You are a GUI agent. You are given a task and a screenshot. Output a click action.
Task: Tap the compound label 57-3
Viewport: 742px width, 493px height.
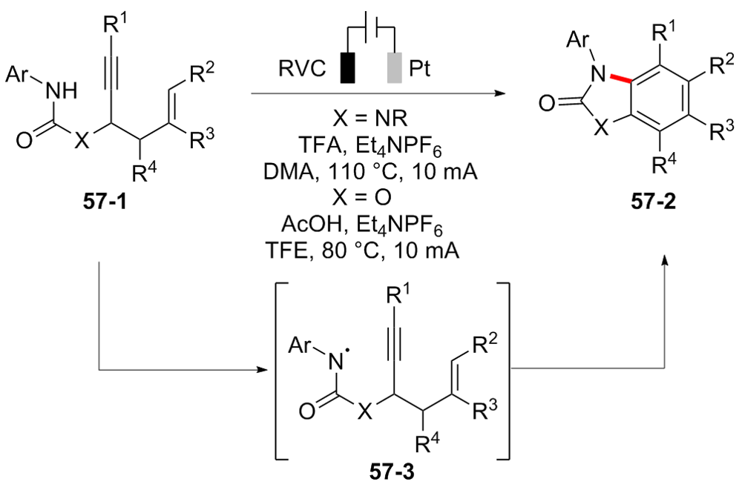[391, 472]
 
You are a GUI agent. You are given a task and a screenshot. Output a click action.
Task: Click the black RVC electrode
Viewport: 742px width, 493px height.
[348, 67]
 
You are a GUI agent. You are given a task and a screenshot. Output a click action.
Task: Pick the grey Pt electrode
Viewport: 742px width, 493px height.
[395, 67]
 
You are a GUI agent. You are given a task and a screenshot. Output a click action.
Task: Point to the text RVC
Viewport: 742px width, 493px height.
[302, 69]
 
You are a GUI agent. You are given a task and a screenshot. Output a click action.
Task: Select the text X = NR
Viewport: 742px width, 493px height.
[370, 119]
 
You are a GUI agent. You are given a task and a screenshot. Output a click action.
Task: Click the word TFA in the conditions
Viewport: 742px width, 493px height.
[315, 145]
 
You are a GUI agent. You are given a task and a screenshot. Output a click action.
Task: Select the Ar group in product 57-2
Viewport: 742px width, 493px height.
[577, 40]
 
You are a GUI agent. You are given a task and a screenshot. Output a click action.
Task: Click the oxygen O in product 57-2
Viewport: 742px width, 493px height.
[547, 103]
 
